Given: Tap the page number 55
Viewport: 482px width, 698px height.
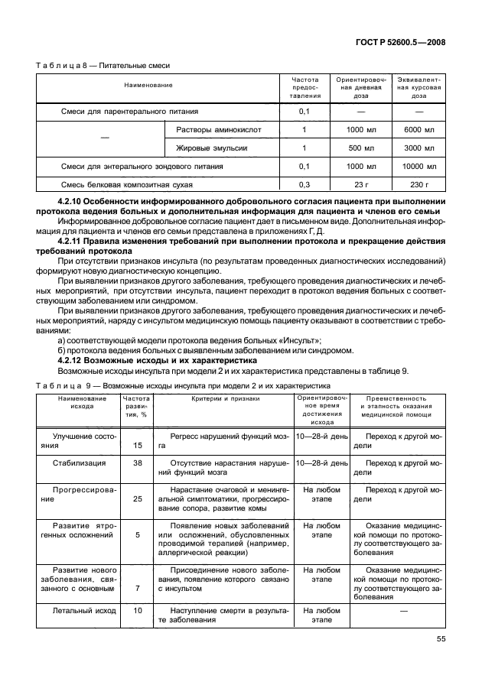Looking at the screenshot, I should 441,640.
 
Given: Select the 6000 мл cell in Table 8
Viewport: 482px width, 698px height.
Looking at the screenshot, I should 419,129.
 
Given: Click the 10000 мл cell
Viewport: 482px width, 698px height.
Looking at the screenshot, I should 419,166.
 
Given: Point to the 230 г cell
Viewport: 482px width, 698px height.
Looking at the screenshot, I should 419,184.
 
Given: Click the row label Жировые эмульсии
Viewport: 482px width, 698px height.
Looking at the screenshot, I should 212,148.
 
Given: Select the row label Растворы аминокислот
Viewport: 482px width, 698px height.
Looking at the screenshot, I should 217,129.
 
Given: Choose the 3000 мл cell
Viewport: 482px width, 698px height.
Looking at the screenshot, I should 419,148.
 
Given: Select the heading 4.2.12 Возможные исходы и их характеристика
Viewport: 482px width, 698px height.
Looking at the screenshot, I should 145,361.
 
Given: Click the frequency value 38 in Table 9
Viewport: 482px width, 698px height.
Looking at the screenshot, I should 138,463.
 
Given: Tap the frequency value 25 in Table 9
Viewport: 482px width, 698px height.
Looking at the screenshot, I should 138,498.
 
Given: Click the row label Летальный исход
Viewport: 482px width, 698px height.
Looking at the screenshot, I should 84,611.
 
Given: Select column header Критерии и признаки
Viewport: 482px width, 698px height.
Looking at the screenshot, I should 223,398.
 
